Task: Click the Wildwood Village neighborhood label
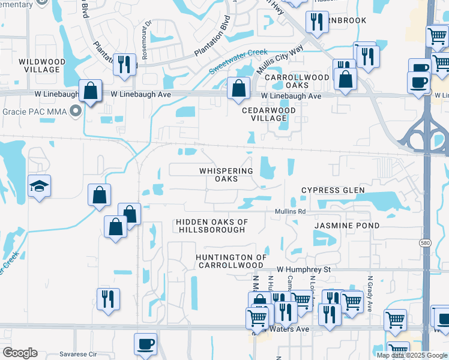click(x=38, y=65)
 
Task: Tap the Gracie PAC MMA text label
click(x=34, y=112)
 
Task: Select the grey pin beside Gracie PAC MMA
click(x=76, y=112)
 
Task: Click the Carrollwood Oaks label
click(x=297, y=82)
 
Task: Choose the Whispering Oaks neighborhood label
click(x=226, y=175)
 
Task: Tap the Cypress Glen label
click(x=333, y=190)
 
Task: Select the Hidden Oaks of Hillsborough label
click(x=211, y=226)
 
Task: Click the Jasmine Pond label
click(x=347, y=226)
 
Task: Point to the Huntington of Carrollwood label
click(x=231, y=261)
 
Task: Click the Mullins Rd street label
click(x=291, y=212)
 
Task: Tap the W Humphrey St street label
click(x=303, y=270)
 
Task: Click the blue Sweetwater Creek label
click(x=238, y=62)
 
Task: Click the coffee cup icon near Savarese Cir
click(x=145, y=344)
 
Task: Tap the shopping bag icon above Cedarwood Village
click(x=239, y=89)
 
